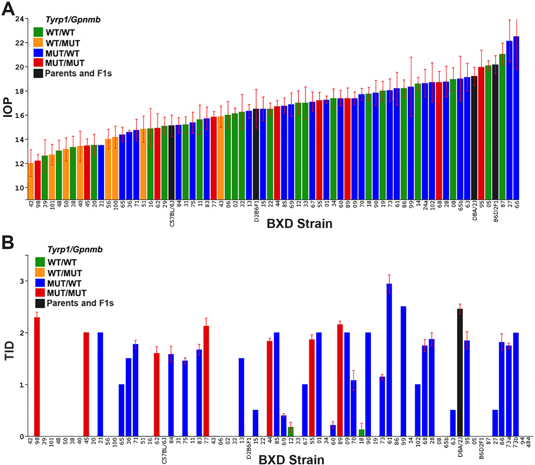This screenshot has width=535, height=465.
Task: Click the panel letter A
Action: [8, 9]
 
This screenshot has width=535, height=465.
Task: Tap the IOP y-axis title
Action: [8, 107]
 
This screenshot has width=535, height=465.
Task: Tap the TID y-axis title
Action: [9, 350]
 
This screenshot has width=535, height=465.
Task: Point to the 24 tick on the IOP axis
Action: [19, 19]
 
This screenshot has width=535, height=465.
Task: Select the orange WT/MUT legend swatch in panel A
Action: [38, 43]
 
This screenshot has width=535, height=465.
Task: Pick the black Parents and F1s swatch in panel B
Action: [40, 303]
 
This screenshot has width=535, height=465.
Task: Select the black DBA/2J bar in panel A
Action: [474, 138]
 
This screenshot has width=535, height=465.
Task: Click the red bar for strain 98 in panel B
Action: [37, 377]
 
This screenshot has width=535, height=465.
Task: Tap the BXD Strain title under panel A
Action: [299, 224]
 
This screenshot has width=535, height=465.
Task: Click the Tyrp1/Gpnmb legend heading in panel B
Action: [75, 249]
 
